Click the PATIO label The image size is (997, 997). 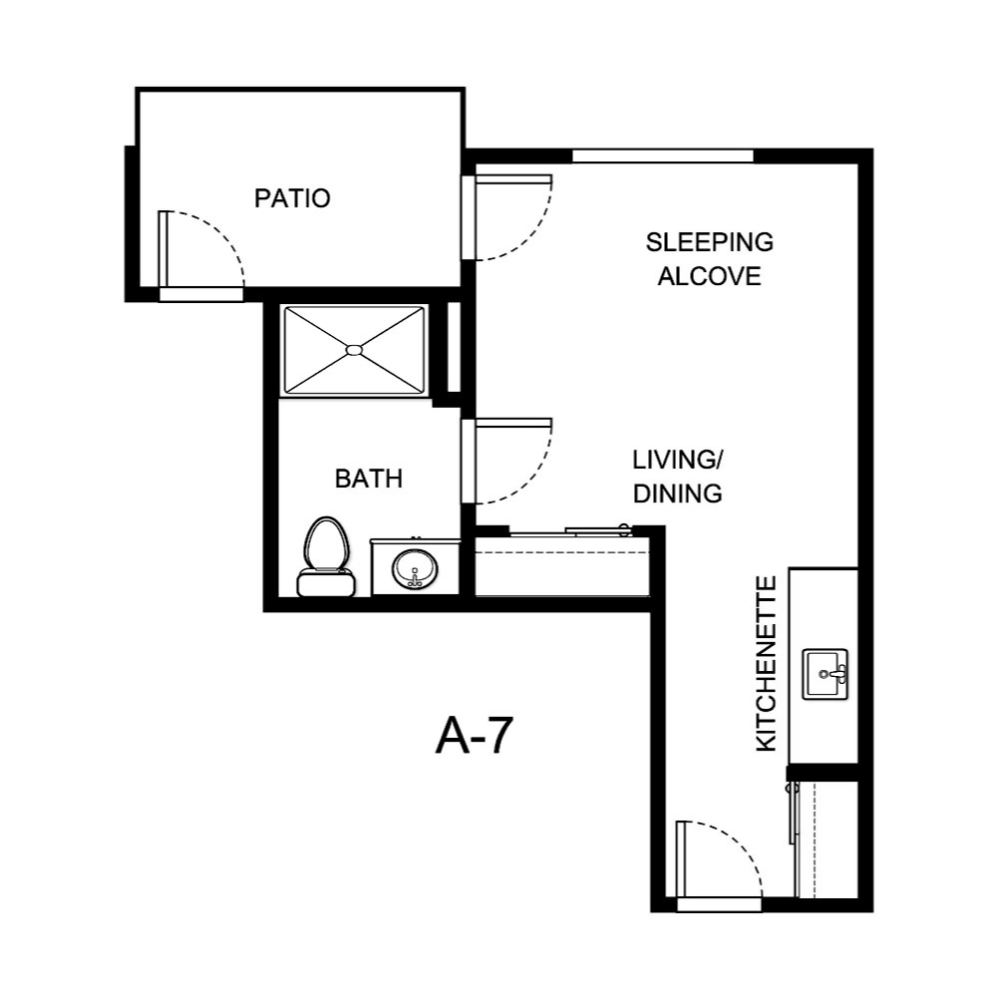291,197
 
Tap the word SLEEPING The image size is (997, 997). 709,242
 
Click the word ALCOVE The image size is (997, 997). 709,276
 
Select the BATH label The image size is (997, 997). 368,479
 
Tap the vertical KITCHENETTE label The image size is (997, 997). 766,663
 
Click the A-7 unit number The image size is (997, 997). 474,738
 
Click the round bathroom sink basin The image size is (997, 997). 414,570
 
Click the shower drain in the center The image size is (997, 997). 354,350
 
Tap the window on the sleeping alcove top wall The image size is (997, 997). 662,156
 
